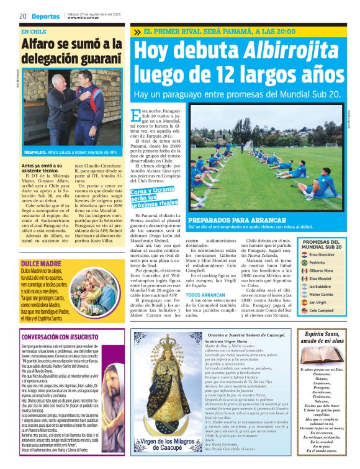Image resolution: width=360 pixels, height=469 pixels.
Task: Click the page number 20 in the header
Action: [22, 16]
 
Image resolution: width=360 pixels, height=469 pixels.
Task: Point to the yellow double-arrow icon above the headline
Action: [137, 32]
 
